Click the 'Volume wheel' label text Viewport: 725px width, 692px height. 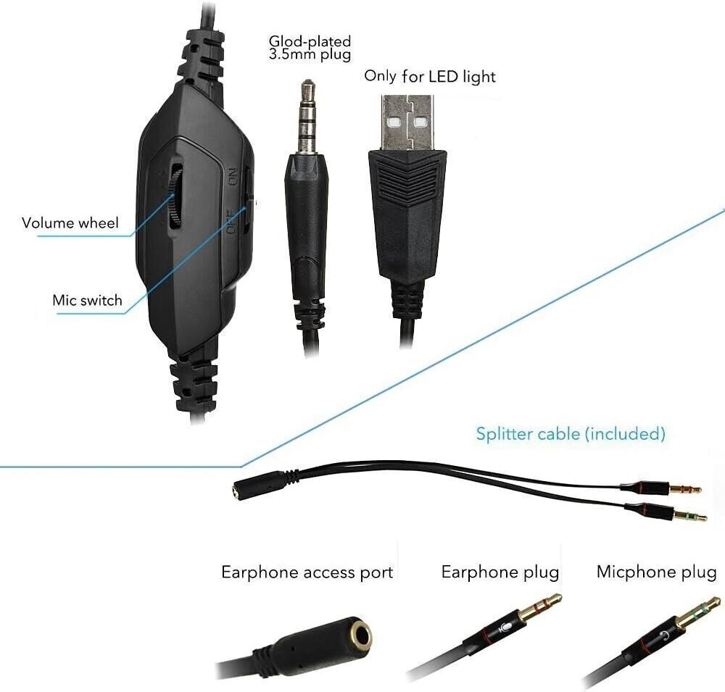pos(70,223)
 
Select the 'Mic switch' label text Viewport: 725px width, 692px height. pos(87,300)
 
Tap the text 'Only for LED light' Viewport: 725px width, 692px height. pos(430,76)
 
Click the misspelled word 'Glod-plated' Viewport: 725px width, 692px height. pos(310,41)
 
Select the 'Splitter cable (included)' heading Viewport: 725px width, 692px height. pos(570,434)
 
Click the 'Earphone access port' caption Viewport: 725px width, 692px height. pos(307,572)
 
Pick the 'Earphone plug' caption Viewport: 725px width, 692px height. pos(500,572)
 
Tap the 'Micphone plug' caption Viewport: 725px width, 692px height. pos(656,572)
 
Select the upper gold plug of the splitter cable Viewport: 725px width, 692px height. pos(684,489)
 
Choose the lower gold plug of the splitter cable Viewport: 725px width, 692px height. pos(689,516)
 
